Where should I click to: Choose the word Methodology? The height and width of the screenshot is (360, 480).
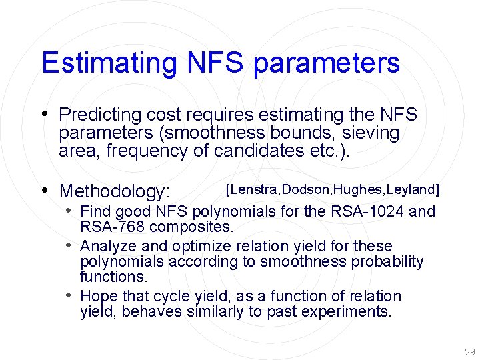point(115,192)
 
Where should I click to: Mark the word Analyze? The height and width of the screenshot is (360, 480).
point(105,247)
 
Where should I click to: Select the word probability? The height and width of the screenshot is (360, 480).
point(385,261)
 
